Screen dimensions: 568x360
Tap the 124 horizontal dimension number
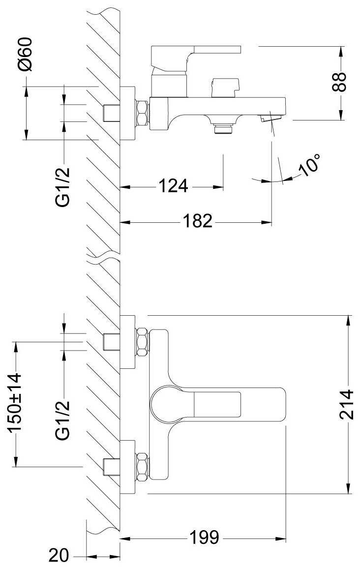click(x=173, y=186)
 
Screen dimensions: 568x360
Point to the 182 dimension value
click(x=198, y=221)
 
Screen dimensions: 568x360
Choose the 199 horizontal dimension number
click(x=205, y=538)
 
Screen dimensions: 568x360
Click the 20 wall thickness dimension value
click(x=60, y=556)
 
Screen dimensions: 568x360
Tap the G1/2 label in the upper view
click(x=63, y=187)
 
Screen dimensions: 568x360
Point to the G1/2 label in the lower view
click(x=63, y=420)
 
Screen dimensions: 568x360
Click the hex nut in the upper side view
click(x=142, y=114)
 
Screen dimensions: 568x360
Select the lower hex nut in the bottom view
click(x=142, y=466)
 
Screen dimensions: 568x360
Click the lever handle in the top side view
click(x=197, y=54)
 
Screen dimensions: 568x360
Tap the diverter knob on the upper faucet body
click(x=225, y=87)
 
